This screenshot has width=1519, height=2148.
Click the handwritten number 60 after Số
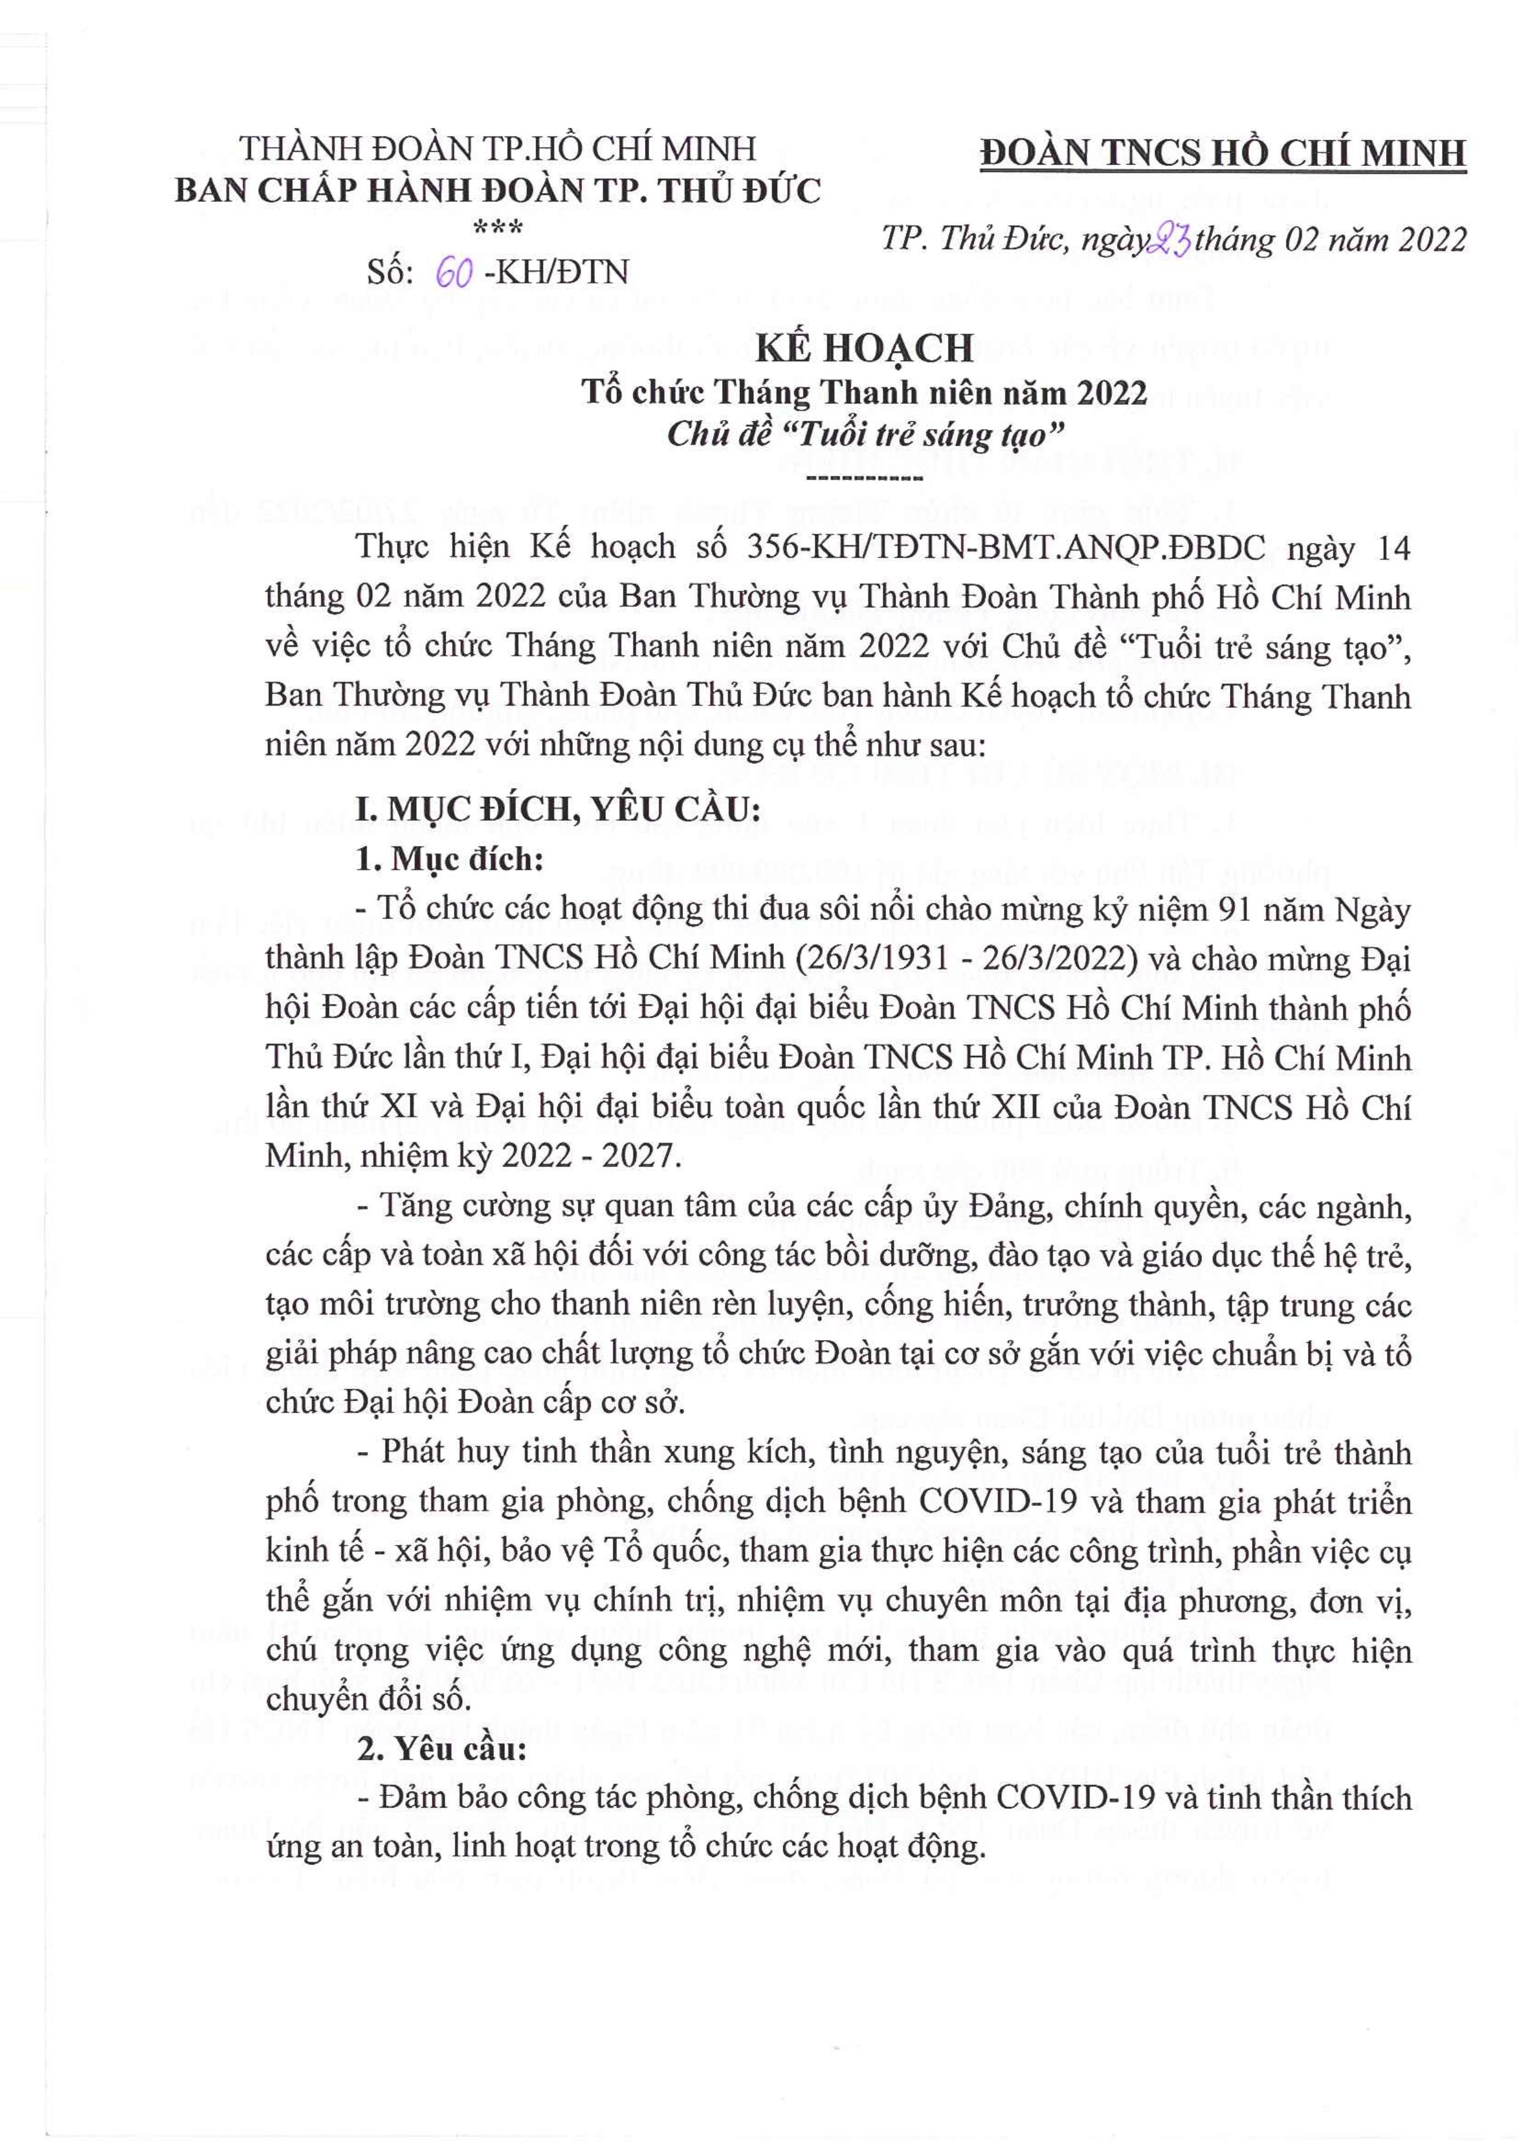pyautogui.click(x=455, y=272)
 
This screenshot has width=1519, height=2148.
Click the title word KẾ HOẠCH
pyautogui.click(x=864, y=349)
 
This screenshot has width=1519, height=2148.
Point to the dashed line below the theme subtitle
pyautogui.click(x=864, y=478)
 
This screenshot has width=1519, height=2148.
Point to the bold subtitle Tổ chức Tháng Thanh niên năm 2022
pyautogui.click(x=864, y=393)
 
